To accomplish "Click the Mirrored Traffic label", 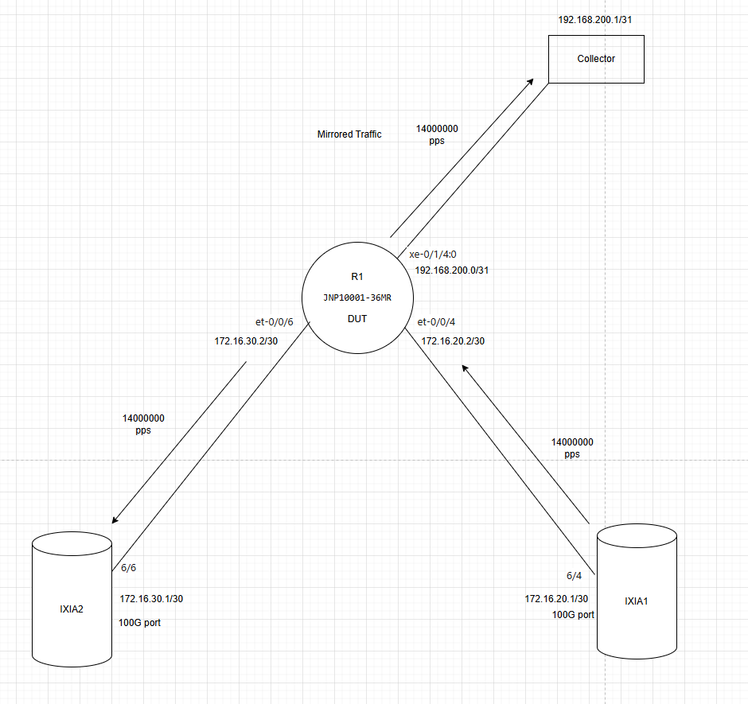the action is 349,134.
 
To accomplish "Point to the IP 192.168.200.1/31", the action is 595,20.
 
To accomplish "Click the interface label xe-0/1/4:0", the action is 433,255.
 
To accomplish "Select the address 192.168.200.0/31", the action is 452,270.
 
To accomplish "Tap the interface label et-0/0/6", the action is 275,322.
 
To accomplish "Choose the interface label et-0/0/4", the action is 436,322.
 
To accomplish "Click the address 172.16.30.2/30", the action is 246,341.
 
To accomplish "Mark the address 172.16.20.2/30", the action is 453,341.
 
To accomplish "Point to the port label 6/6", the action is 128,568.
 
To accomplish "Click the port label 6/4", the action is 574,576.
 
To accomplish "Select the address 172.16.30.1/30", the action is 151,598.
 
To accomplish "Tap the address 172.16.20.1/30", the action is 556,598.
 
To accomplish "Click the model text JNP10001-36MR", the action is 357,298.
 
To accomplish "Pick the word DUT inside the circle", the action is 357,319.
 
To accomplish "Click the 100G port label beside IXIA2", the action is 139,622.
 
